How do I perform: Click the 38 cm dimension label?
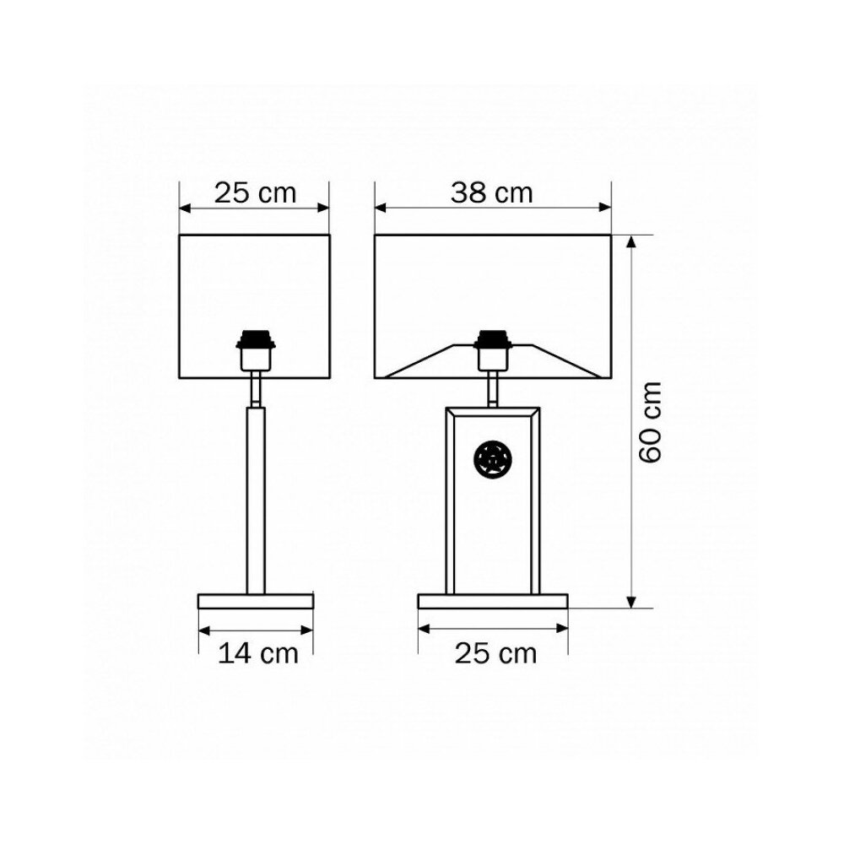[491, 192]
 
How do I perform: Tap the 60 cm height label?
[650, 421]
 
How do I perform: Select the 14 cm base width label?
[257, 653]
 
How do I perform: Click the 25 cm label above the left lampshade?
[255, 192]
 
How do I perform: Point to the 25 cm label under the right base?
[495, 653]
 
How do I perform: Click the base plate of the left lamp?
[256, 601]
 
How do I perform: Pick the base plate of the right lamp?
[493, 601]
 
